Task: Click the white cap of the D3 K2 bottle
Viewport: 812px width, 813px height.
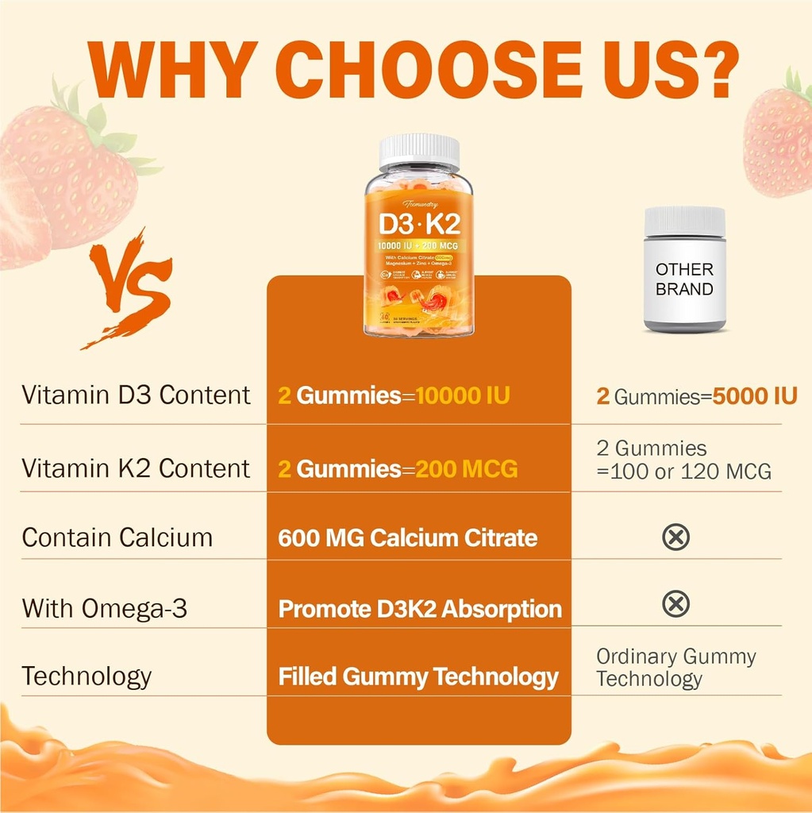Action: coord(419,151)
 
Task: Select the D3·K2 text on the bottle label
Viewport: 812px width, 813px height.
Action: coord(419,218)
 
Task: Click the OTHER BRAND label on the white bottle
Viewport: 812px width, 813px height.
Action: coord(684,279)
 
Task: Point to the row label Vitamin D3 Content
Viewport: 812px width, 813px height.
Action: coord(136,395)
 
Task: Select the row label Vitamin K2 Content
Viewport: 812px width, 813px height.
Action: coord(136,468)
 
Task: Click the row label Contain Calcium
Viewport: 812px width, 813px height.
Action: coord(117,538)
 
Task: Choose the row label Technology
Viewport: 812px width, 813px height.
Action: coord(87,676)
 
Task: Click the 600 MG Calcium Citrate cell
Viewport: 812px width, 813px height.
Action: coord(407,538)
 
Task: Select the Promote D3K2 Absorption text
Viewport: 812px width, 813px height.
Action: coord(420,609)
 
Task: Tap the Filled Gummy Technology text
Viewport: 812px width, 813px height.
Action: coord(418,677)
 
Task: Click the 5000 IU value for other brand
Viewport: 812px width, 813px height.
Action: coord(754,395)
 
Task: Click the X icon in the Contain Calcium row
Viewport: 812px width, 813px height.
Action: coord(675,538)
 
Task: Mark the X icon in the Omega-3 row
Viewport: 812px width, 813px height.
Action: coord(675,605)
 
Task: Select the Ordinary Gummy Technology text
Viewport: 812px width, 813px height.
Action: coord(675,668)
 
